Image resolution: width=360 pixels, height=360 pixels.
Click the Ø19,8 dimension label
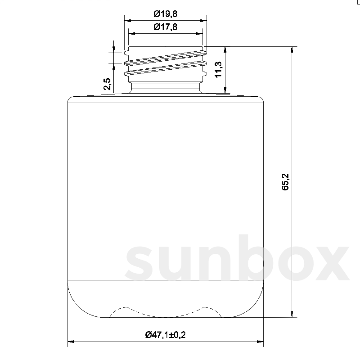166,14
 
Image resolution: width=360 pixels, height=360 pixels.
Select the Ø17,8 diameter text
166,27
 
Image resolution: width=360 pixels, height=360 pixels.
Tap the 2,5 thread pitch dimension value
108,84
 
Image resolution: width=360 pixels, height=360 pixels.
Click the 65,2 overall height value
285,182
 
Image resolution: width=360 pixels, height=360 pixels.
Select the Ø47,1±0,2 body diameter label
165,334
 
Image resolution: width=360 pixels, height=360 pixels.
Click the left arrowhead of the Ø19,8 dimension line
127,21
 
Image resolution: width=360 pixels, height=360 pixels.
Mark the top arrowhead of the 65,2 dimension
291,50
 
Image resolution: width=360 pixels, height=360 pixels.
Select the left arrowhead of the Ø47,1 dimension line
71,341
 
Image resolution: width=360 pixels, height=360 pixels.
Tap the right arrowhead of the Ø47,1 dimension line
260,341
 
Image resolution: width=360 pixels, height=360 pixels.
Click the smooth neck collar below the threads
166,87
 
